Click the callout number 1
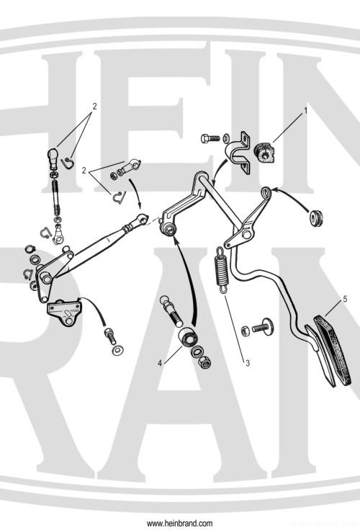click(305, 112)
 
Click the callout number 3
click(247, 363)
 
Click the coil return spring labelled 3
click(221, 270)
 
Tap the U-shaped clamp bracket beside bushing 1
click(239, 152)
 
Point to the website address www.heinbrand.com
click(179, 522)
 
